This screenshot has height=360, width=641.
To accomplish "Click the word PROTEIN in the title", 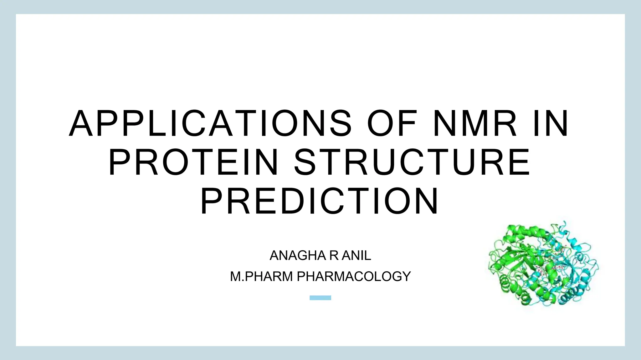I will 193,162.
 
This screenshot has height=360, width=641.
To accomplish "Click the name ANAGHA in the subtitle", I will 294,256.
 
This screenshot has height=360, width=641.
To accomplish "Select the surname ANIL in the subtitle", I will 356,256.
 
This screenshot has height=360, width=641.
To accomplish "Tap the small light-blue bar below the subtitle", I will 320,298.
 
